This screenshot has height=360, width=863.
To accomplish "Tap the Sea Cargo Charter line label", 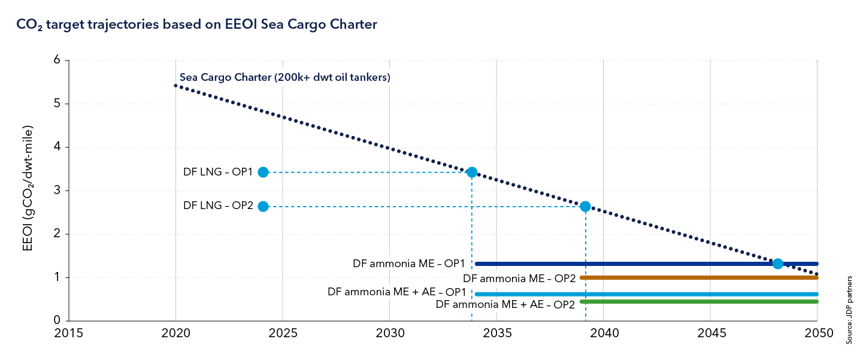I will pos(285,78).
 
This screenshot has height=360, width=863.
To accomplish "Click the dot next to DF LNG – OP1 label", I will pos(263,172).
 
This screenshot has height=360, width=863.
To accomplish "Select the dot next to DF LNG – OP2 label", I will pos(263,206).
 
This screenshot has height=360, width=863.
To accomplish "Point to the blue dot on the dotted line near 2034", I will pos(472,172).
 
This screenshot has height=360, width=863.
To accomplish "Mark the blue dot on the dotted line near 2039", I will pos(585,206).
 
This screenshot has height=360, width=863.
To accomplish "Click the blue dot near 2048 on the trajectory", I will pos(777,264).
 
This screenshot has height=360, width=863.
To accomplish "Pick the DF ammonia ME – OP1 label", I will pos(410,264).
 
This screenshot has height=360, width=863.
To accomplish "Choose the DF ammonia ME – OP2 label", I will pos(519,278).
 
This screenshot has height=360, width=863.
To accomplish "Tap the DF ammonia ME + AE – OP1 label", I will pos(396,292).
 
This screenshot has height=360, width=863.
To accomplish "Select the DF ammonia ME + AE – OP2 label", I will pos(505,304).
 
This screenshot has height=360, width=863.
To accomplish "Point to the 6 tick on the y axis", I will pos(57,60).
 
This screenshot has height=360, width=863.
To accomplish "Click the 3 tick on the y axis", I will pos(57,191).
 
